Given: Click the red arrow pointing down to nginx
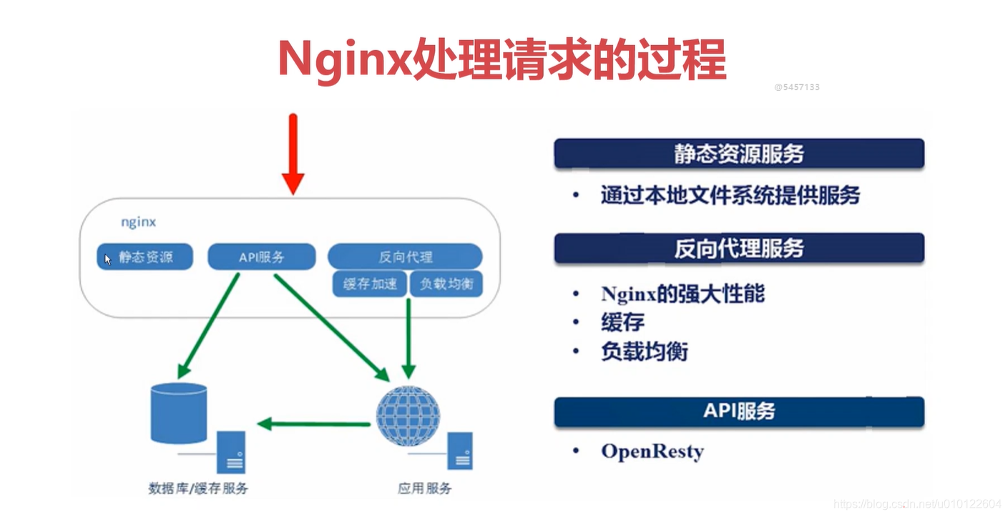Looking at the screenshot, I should click(293, 154).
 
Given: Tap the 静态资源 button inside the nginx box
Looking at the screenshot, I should click(145, 257).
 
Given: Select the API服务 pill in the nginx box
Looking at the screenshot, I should click(262, 257).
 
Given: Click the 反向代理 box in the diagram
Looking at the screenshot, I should click(405, 256).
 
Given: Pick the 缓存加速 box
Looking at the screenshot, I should click(370, 284).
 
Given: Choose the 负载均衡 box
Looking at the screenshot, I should click(446, 284).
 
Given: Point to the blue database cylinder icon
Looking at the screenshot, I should click(179, 413).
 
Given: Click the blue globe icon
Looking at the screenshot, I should click(408, 415).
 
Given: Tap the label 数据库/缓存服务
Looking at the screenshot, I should click(198, 489).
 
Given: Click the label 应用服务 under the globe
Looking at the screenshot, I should click(425, 489).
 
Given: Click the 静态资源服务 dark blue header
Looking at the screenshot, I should click(739, 154).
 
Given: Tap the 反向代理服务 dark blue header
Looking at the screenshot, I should click(739, 248).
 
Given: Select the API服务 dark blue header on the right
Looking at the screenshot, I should click(739, 412).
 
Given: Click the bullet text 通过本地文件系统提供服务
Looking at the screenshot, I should click(730, 195).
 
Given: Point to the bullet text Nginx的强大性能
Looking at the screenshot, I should click(682, 294).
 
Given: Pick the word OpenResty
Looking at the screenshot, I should click(652, 452).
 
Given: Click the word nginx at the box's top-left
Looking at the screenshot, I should click(138, 222).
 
